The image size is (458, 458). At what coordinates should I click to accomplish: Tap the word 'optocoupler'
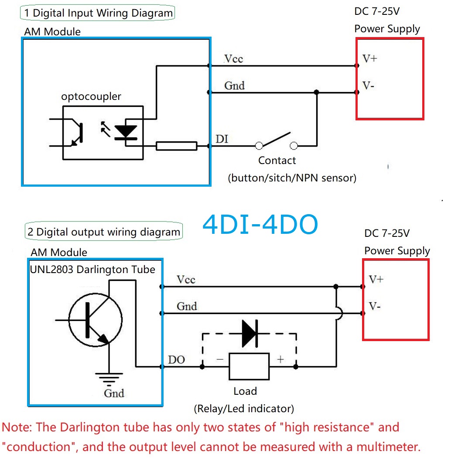(x=91, y=97)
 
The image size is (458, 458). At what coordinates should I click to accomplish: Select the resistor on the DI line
(x=176, y=146)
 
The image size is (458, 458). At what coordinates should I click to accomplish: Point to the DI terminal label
(x=222, y=139)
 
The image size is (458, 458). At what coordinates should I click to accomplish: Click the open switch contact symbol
(x=276, y=140)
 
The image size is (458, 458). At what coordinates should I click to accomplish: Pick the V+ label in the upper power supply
(x=370, y=58)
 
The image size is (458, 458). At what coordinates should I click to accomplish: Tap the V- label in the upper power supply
(x=368, y=85)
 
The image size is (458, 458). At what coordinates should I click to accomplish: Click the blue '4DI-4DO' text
(x=260, y=224)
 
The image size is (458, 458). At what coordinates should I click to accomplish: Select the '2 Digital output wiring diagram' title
(x=104, y=231)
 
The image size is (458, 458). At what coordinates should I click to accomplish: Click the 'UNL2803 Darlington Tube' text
(x=92, y=269)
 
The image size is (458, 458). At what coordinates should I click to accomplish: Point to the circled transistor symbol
(x=95, y=320)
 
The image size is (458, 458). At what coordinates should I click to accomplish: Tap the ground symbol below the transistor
(x=109, y=379)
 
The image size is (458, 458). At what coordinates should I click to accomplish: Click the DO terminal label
(x=176, y=359)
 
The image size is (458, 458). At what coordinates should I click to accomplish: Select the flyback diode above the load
(x=250, y=333)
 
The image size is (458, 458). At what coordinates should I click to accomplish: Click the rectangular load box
(x=249, y=366)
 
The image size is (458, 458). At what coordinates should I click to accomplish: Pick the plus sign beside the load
(x=280, y=359)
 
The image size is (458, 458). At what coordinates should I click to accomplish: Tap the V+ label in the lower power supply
(x=376, y=279)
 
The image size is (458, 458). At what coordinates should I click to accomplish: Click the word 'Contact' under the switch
(x=277, y=161)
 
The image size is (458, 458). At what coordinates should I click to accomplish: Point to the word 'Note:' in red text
(x=17, y=427)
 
